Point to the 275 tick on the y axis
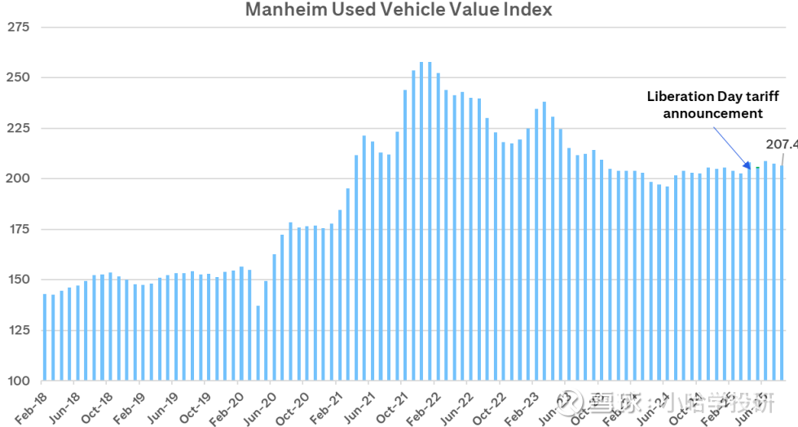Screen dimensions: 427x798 click(17, 27)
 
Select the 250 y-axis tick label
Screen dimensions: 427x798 click(17, 77)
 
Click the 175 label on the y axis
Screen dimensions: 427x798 click(17, 229)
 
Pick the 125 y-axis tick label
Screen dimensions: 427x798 click(17, 330)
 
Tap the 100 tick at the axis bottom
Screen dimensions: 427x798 click(17, 381)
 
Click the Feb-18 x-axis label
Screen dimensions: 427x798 click(29, 405)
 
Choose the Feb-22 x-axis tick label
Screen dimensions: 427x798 click(425, 405)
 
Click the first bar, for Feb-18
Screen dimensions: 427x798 click(45, 337)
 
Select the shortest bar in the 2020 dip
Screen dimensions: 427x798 click(258, 343)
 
